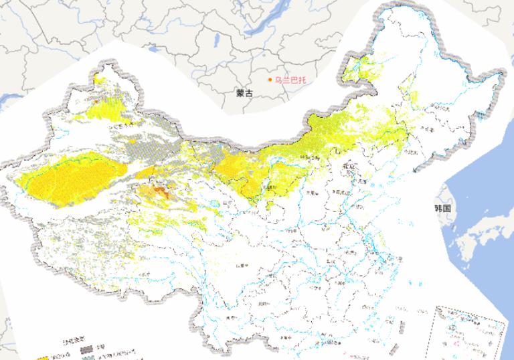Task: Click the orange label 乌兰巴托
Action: (290, 80)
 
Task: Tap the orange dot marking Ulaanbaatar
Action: (270, 80)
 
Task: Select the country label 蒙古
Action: (245, 94)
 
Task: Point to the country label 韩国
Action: (443, 208)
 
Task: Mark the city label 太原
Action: (312, 194)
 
